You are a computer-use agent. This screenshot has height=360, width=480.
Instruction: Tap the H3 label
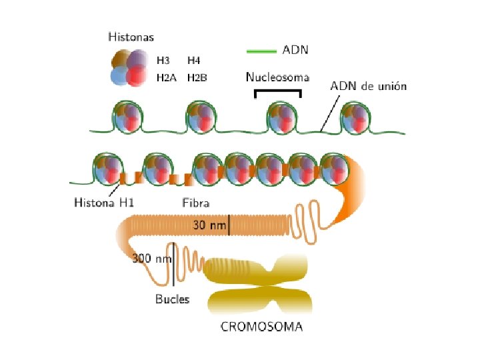163,60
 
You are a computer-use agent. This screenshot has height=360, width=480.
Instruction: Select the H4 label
194,60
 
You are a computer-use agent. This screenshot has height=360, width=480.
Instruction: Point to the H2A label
166,78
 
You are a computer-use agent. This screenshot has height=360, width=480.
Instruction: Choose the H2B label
197,78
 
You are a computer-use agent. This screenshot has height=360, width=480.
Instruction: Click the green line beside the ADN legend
261,50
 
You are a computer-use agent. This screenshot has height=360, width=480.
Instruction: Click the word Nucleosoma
277,77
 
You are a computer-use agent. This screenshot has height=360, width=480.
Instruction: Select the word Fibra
197,202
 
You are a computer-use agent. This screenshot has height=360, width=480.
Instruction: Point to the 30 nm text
209,225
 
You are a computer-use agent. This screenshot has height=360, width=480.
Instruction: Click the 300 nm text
151,257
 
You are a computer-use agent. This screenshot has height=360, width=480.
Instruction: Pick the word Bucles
172,299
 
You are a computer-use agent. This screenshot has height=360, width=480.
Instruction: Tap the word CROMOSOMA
261,327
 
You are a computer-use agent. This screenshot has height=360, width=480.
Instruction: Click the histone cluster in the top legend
127,68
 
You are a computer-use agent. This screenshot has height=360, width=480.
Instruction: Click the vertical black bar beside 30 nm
229,225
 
